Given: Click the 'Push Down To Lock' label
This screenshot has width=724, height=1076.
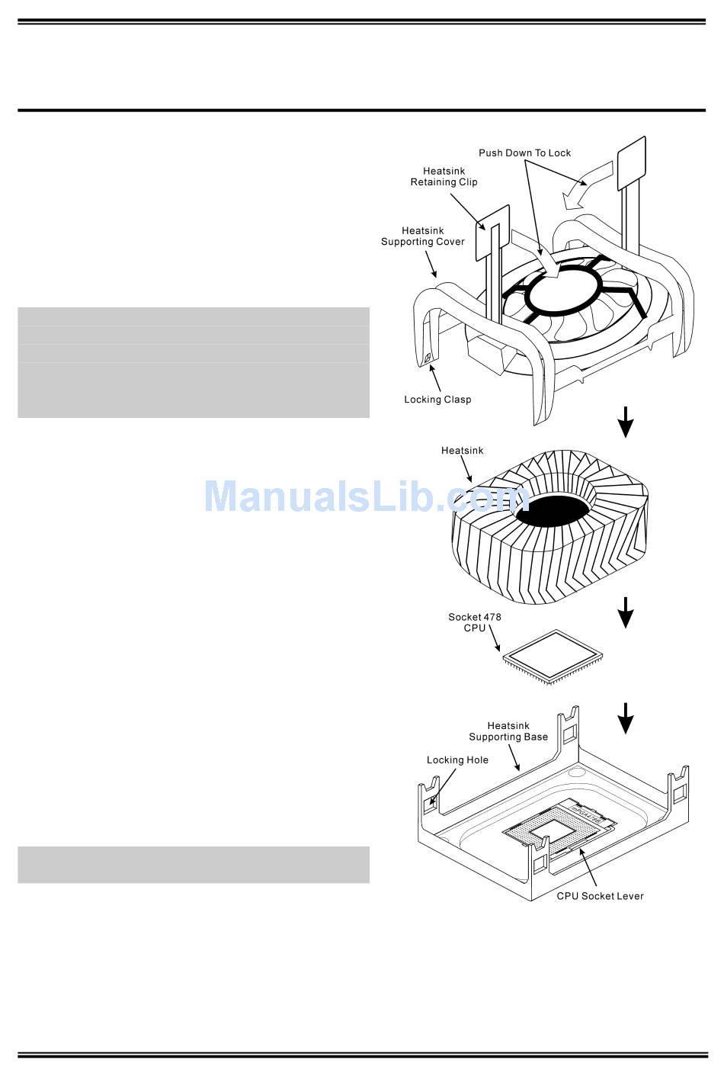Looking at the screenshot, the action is point(524,153).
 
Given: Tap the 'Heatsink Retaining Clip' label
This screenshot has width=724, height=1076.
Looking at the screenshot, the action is point(444,177).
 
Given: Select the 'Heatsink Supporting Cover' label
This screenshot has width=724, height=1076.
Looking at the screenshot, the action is point(422,236).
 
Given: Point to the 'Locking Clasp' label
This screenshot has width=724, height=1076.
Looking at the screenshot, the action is point(437,400).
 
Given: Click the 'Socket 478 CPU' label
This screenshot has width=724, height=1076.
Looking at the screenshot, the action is point(474,622).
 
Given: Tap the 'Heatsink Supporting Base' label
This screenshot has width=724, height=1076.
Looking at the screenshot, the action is point(508,731).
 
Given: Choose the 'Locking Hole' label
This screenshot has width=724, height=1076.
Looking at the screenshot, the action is point(457,760).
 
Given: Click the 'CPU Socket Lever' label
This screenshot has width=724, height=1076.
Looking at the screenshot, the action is point(600,896).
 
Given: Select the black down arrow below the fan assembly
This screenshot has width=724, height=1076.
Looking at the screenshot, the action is point(626,422).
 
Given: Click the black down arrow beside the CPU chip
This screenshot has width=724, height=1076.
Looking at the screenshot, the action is point(626,612).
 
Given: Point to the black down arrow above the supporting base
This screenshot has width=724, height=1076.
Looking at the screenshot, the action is point(626,718).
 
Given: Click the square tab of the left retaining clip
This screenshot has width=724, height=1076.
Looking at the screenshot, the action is point(492,233).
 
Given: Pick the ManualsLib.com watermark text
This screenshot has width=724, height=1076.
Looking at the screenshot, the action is point(366,496).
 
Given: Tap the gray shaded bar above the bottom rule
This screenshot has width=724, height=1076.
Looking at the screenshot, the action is point(194,864).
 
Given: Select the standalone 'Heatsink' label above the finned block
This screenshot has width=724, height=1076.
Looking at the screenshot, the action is point(462,451).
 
